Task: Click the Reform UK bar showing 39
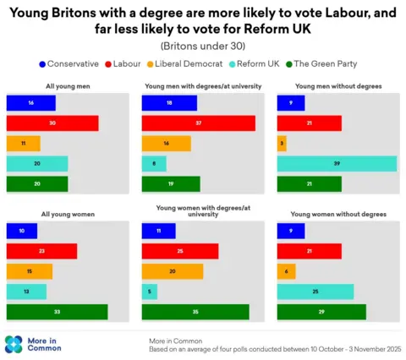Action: click(x=337, y=164)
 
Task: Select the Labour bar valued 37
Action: click(x=198, y=123)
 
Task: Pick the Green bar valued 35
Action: click(x=195, y=312)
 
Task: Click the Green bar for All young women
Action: click(x=57, y=312)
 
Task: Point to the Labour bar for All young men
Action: click(x=52, y=123)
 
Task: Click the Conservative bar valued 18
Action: click(x=169, y=103)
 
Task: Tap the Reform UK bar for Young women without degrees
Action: click(x=315, y=292)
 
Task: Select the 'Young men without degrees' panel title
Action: click(x=337, y=87)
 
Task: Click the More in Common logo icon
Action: click(x=14, y=344)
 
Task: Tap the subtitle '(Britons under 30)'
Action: click(x=202, y=45)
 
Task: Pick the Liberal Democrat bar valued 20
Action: click(x=173, y=271)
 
